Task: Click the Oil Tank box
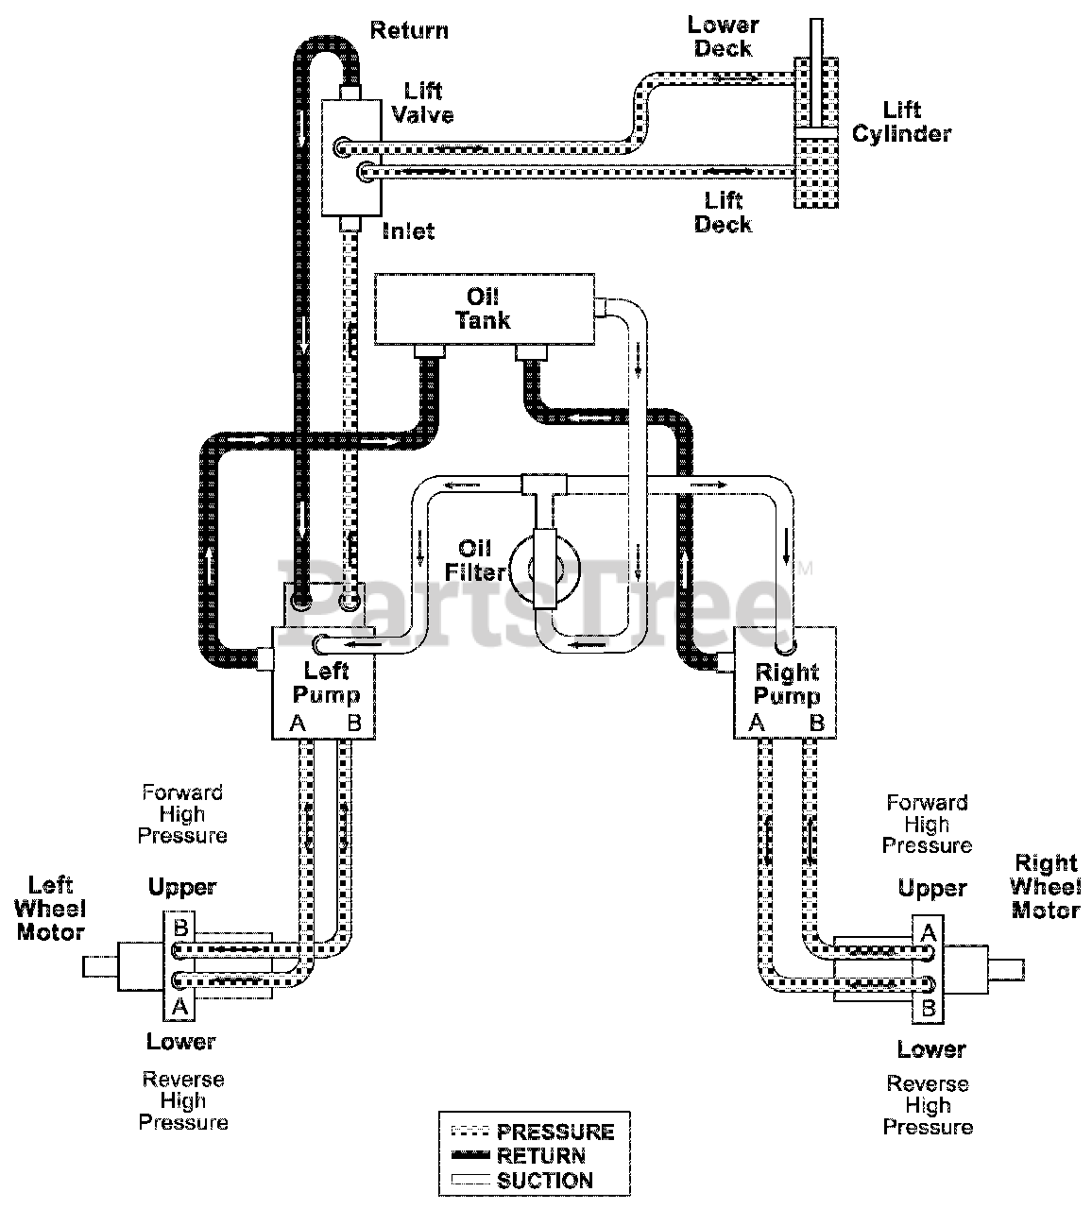click(x=485, y=309)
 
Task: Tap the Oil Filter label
click(x=474, y=560)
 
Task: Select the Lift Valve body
click(x=351, y=158)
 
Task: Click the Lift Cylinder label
click(x=901, y=122)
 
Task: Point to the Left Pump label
click(x=326, y=682)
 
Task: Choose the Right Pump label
click(x=787, y=684)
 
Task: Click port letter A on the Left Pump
click(x=298, y=724)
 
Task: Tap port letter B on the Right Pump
click(x=816, y=723)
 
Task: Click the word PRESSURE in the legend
click(x=555, y=1132)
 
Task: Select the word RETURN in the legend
click(x=541, y=1156)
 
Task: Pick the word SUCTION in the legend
click(x=544, y=1181)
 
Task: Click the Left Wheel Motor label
click(x=51, y=909)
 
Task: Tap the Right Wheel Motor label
click(x=1046, y=886)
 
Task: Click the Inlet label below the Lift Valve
click(x=408, y=230)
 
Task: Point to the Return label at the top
click(x=409, y=30)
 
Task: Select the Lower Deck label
click(x=723, y=37)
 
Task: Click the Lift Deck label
click(x=723, y=213)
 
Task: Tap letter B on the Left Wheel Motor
click(x=180, y=927)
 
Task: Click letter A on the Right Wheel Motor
click(x=928, y=933)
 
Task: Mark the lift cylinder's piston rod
click(x=816, y=73)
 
